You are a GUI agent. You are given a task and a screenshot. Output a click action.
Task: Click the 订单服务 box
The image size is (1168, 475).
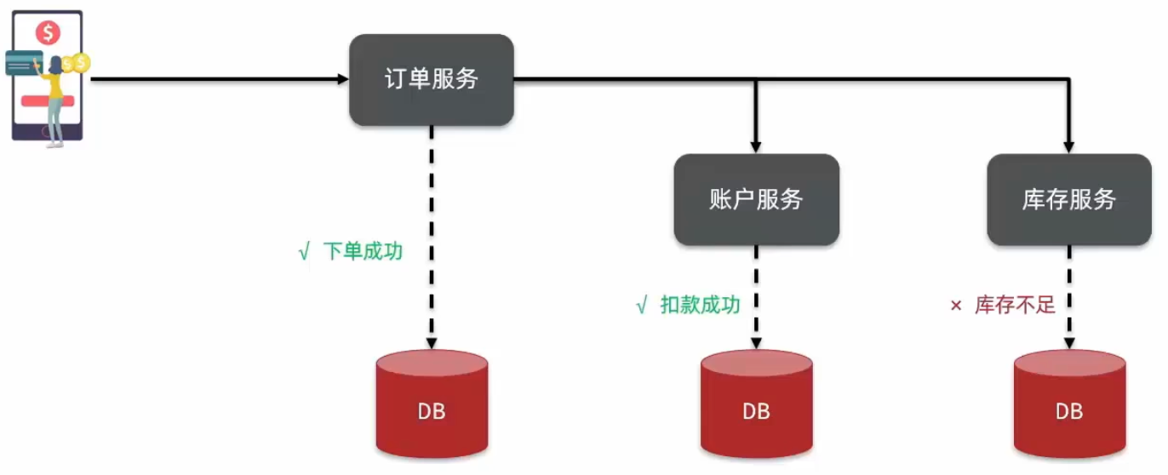[x=431, y=80]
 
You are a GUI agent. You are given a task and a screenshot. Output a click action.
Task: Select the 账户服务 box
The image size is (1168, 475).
[x=756, y=199]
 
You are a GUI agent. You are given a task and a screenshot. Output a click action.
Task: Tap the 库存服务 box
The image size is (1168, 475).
[x=1068, y=199]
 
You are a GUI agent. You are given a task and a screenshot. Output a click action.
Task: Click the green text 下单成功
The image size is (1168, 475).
[x=363, y=252]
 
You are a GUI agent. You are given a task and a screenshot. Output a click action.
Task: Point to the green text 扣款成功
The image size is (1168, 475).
[x=701, y=305]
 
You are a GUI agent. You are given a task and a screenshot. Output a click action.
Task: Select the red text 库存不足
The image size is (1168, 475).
[x=1015, y=305]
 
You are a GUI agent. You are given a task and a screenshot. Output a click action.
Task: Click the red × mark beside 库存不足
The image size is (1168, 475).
[x=955, y=306]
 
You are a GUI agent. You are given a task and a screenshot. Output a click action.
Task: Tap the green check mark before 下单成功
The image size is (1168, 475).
[x=304, y=253]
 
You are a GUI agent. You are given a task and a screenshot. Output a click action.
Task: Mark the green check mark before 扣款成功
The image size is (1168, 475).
[x=642, y=306]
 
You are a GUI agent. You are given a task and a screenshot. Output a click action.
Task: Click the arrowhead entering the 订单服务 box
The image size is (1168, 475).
[x=343, y=79]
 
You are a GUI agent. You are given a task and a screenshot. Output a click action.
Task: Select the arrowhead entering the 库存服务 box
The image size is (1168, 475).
[x=1069, y=147]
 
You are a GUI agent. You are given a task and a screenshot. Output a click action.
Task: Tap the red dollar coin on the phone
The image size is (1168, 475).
[x=48, y=33]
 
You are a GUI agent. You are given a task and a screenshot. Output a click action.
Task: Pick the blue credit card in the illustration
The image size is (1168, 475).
[x=24, y=62]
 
